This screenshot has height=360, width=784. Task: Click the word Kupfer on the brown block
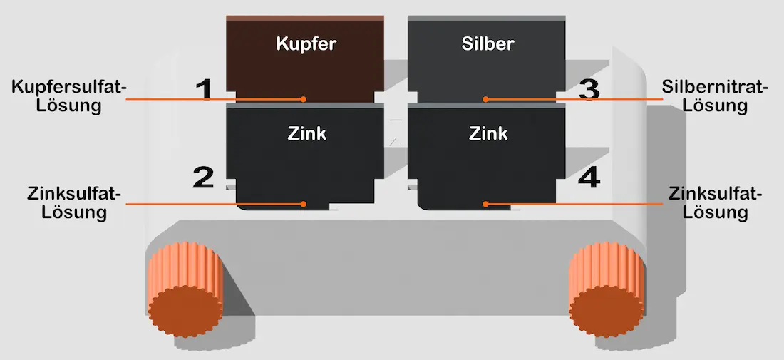(x=306, y=44)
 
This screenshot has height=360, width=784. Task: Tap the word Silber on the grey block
(x=488, y=44)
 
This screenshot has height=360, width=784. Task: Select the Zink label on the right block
(x=488, y=133)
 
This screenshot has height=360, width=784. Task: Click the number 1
(x=204, y=90)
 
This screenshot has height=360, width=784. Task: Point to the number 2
(x=203, y=178)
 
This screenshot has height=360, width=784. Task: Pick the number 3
(x=589, y=90)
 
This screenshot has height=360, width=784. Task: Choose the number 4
(x=589, y=178)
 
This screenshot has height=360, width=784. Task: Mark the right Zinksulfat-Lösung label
(x=716, y=202)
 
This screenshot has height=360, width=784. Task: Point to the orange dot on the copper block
(x=304, y=99)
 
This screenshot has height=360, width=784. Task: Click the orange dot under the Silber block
(x=485, y=99)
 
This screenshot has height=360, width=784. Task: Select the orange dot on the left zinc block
(x=304, y=204)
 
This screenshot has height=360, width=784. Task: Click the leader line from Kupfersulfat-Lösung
(x=214, y=99)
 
